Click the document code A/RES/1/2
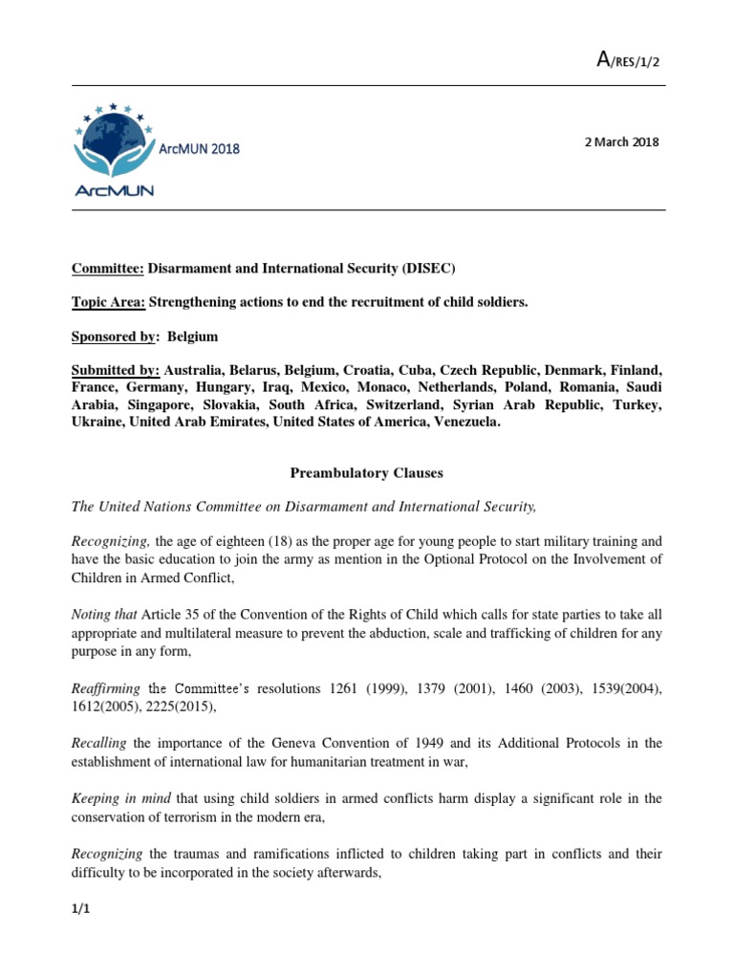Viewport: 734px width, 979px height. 627,61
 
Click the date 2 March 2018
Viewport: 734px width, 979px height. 621,142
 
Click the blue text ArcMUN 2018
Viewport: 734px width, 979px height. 200,149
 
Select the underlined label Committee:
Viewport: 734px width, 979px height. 108,269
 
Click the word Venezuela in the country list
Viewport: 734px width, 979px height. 463,422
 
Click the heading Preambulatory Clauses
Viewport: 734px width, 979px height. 366,473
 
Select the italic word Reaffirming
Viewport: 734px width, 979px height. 106,687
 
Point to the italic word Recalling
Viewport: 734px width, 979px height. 100,743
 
